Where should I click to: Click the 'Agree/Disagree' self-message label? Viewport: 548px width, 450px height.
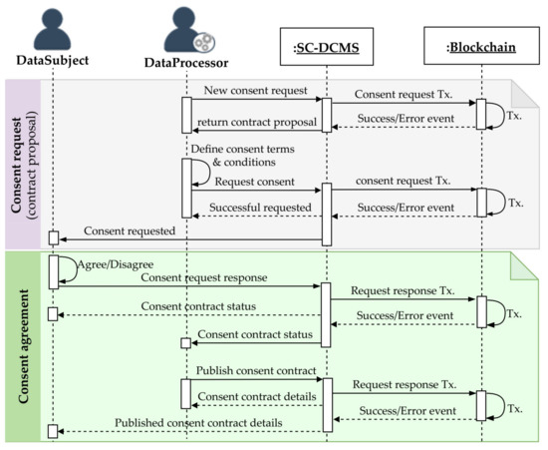pos(97,264)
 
